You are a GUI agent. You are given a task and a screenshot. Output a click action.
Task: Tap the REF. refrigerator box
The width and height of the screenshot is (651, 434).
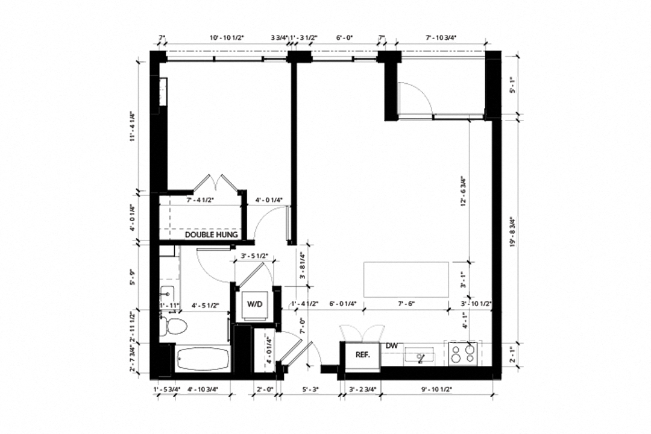coord(362,355)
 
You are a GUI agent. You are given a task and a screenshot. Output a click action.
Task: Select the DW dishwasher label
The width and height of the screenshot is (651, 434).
coord(391,347)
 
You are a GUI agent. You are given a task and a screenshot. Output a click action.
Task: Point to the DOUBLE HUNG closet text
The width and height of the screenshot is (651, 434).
coord(211,234)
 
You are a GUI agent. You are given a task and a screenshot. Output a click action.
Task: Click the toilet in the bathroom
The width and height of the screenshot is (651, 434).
coord(175,327)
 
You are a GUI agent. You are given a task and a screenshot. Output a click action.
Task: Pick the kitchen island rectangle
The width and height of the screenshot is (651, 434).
coord(406,279)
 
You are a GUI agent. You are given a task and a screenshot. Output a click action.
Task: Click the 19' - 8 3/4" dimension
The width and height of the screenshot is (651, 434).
coord(513,232)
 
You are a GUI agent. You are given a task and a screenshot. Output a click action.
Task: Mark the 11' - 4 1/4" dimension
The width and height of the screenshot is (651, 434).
coord(131,127)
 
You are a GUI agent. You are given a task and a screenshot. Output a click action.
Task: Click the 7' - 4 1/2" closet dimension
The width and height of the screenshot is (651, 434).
coord(201,200)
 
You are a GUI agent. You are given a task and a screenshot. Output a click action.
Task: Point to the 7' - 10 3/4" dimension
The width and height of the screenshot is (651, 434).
coord(441,38)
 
